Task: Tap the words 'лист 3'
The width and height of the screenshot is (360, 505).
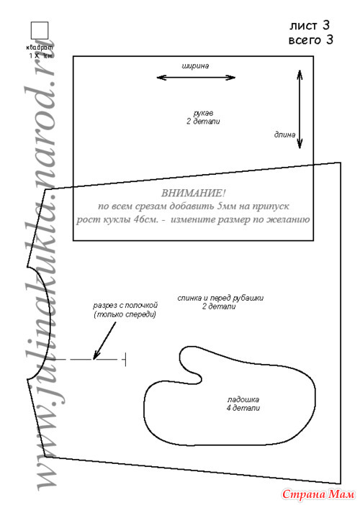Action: (310, 25)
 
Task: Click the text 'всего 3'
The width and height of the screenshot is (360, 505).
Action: (311, 40)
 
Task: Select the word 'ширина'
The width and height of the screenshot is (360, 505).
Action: (195, 66)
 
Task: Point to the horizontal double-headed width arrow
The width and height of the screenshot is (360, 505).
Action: (196, 77)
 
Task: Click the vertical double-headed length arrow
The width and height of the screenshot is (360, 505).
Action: (300, 109)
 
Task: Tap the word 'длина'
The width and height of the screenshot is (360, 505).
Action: (284, 135)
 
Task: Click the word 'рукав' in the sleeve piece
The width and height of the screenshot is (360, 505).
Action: (203, 114)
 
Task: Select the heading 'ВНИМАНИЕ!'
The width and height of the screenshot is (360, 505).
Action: (193, 194)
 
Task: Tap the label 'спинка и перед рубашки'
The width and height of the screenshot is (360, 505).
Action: (220, 298)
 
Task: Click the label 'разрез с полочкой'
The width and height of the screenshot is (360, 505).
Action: (125, 305)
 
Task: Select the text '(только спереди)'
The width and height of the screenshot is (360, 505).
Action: (125, 314)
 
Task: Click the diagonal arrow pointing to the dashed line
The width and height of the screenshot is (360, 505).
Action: (104, 341)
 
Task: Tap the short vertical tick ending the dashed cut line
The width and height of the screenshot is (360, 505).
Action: (125, 359)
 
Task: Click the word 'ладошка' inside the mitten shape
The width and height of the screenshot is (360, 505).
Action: (243, 400)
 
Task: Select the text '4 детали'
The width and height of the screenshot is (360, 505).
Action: (243, 408)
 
